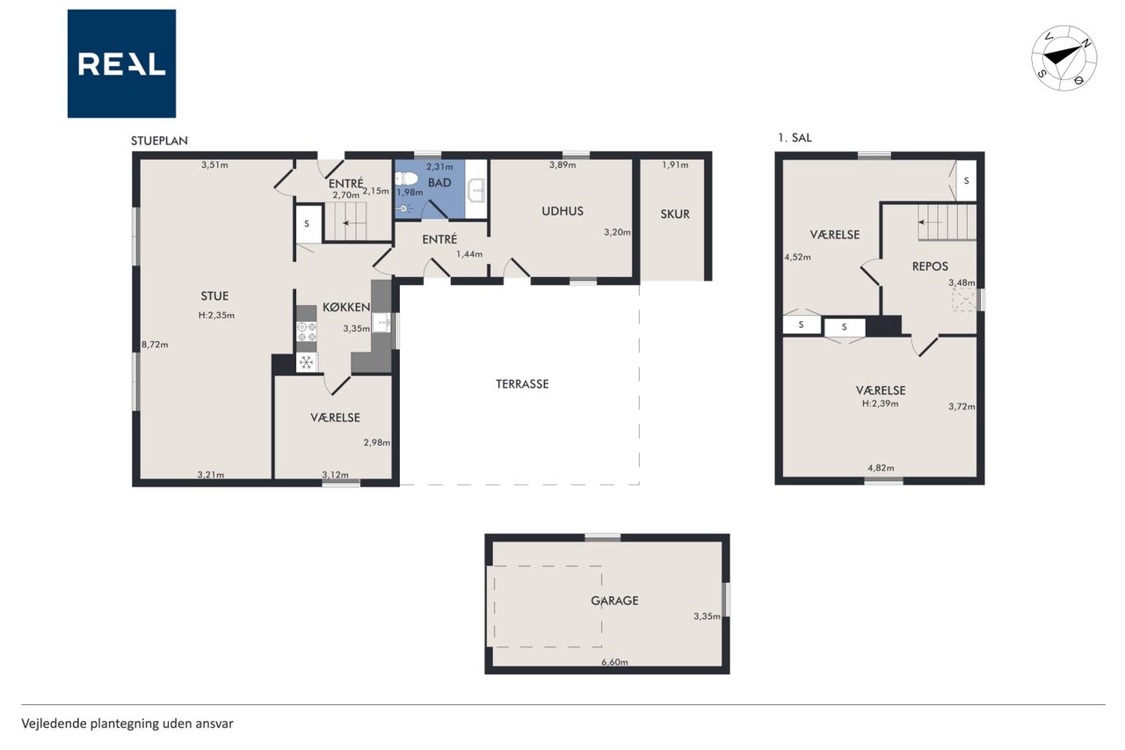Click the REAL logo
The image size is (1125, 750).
coord(121,64)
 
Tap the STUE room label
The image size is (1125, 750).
coord(214,296)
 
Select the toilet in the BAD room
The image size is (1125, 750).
coord(406,178)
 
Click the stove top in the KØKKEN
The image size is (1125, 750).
coord(307,331)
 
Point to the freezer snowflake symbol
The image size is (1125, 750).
coord(307,361)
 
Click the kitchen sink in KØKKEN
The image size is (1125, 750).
coord(381,322)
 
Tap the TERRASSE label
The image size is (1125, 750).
coord(522,383)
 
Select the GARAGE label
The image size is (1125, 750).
coord(614,601)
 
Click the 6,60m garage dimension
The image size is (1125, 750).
coord(614,662)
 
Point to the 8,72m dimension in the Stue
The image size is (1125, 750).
coord(155,345)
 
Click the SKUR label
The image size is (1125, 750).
coord(675,214)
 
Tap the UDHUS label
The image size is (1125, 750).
coord(562,211)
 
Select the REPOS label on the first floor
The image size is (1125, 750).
coord(930,266)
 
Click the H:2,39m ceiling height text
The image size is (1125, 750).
coord(881,404)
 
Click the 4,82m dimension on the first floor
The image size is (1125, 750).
coord(881,468)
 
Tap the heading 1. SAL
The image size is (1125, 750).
coord(795,138)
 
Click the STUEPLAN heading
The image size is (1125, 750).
coord(159,141)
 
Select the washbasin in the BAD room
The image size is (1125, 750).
coord(476,190)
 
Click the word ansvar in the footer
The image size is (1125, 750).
coord(216,724)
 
